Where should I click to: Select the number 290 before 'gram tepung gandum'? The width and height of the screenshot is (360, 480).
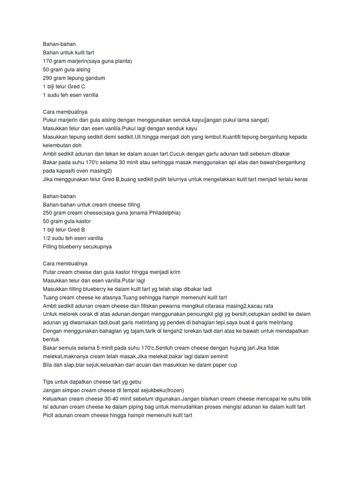[48, 78]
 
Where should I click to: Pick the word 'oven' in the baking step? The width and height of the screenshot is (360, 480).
[87, 171]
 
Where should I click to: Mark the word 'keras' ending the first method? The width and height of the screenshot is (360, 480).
[300, 179]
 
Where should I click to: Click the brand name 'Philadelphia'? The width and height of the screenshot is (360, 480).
[164, 213]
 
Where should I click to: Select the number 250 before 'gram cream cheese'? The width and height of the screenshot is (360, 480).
[48, 213]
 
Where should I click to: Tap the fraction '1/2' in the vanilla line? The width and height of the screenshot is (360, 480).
[47, 238]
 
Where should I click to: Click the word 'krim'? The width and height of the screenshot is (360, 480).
[174, 272]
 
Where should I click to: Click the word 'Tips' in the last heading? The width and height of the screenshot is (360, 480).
[48, 382]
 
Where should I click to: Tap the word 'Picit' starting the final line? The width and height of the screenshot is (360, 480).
[49, 415]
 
